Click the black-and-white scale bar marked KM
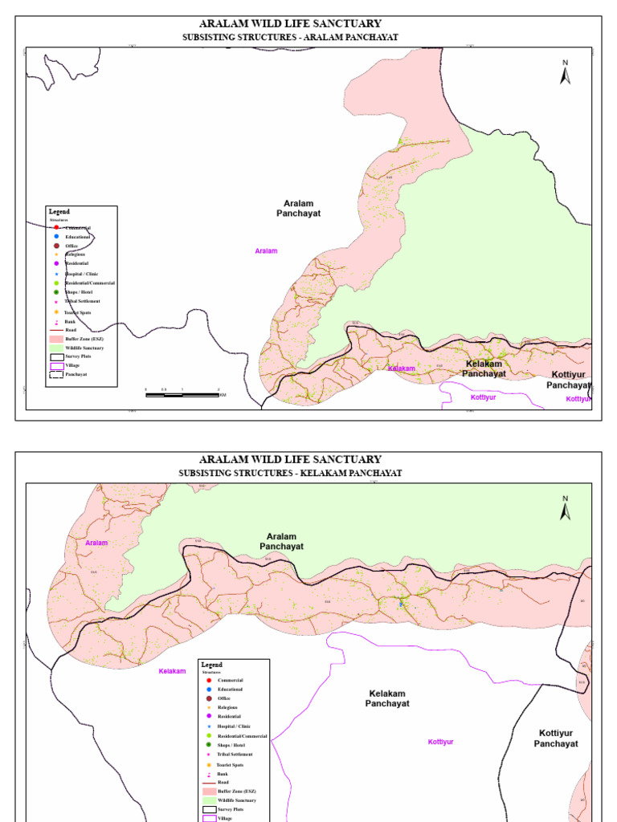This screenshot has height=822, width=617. tap(182, 393)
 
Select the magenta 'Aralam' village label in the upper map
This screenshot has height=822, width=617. tap(266, 251)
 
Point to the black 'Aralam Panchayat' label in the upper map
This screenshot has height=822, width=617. tap(299, 209)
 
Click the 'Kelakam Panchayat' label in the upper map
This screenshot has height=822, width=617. tap(484, 369)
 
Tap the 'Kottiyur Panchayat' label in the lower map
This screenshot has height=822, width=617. tap(556, 739)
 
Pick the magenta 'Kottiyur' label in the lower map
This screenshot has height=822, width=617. tap(440, 742)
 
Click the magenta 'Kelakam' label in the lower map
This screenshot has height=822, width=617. tap(172, 671)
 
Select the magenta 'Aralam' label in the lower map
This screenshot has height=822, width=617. tap(96, 543)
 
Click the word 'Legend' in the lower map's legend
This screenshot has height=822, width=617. tap(211, 665)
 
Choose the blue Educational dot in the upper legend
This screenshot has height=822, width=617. tap(56, 237)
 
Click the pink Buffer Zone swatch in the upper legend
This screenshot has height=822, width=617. tap(56, 340)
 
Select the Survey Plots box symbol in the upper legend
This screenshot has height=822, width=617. tap(56, 356)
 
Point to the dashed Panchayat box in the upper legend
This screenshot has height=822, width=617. tap(56, 374)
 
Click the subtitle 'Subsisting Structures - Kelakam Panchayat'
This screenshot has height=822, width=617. tap(290, 474)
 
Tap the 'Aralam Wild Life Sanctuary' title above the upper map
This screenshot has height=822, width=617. tap(290, 24)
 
